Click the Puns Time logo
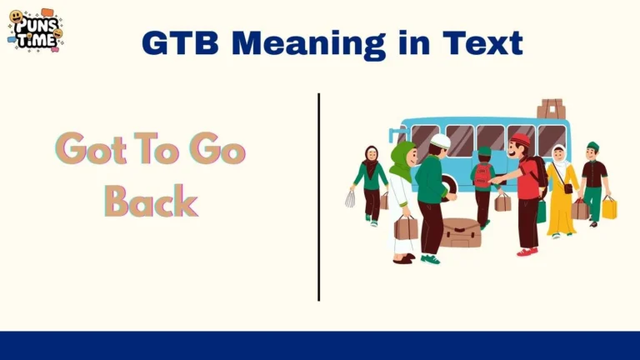click(x=35, y=30)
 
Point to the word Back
click(x=151, y=201)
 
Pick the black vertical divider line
click(x=318, y=197)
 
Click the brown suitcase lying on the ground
click(x=460, y=232)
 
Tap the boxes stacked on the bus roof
click(x=551, y=108)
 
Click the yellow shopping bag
click(x=609, y=207)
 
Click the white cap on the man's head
click(x=440, y=142)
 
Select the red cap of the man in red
click(x=521, y=139)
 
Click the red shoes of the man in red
click(x=526, y=251)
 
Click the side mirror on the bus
click(x=391, y=134)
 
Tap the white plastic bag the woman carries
click(x=351, y=198)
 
